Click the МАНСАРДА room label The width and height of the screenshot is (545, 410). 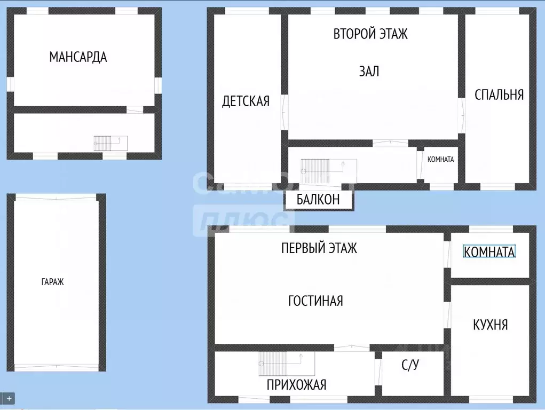(78, 57)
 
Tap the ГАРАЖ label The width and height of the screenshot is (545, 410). (52, 282)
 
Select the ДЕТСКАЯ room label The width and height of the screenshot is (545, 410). (246, 101)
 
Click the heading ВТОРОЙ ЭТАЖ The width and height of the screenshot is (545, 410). (370, 34)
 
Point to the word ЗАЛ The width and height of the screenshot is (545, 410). (369, 71)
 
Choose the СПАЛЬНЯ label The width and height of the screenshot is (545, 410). (499, 94)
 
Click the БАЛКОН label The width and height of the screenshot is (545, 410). (318, 200)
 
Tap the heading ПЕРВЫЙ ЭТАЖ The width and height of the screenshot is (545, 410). (319, 248)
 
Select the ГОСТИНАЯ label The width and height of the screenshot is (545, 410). (315, 301)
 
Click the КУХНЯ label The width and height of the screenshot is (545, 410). (490, 325)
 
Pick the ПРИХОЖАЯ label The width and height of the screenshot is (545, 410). (296, 384)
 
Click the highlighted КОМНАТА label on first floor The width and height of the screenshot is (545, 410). (489, 252)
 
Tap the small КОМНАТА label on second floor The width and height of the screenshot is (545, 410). (441, 159)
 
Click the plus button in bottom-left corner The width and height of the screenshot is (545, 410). (10, 398)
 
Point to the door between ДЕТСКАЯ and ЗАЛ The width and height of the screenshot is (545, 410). (285, 112)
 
